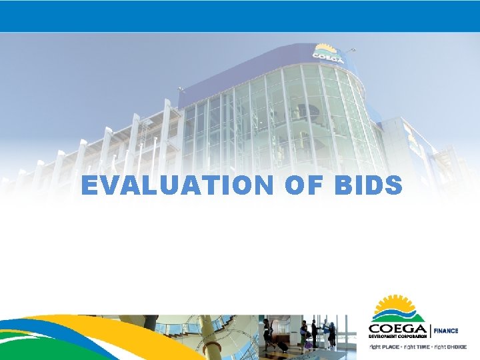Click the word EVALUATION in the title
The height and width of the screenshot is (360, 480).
coord(175,185)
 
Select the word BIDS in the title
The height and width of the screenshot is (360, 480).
coord(368,185)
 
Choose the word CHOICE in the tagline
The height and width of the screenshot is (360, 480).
coord(456,347)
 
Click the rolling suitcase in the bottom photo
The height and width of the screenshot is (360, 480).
coord(282,347)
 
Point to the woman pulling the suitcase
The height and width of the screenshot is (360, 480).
coord(269,333)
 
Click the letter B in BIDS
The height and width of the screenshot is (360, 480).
coord(343,185)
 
